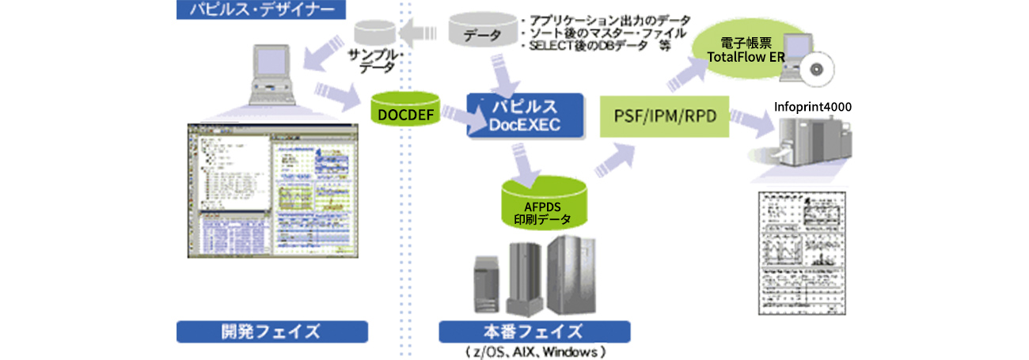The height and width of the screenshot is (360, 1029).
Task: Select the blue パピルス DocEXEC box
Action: [524, 116]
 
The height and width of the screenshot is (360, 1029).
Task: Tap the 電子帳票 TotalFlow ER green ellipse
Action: [740, 54]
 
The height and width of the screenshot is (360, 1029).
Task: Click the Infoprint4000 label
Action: [813, 106]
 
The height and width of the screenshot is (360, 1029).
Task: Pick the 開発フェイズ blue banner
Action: [271, 331]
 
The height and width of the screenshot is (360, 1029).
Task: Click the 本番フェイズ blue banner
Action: [534, 331]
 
